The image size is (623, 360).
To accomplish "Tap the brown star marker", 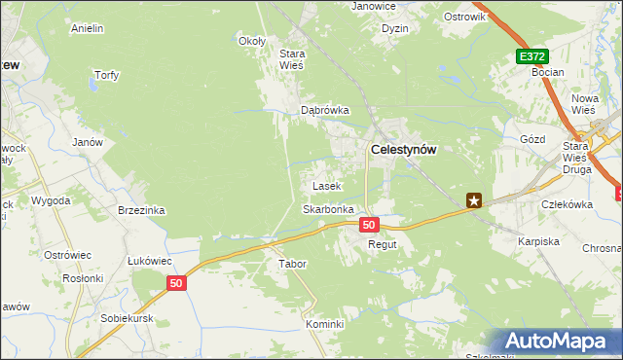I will (474, 200).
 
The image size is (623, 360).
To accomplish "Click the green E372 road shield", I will (531, 57).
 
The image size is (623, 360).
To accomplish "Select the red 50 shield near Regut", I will (369, 225).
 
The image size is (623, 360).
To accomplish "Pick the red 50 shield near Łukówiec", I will (175, 283).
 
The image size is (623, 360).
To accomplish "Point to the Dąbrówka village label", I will (324, 110).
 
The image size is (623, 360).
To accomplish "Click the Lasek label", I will (325, 185).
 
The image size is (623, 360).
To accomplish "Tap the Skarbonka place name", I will (327, 209).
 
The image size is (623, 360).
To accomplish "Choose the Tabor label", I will (293, 264).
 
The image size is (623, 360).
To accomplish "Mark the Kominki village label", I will (325, 324).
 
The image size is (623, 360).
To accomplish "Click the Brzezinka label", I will (141, 210).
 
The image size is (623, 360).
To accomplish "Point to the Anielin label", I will (88, 29).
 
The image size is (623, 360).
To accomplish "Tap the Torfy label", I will (106, 76).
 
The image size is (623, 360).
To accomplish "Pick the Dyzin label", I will (395, 29).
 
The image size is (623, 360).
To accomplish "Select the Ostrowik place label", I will (464, 18).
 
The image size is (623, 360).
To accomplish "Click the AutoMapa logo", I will (560, 342).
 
